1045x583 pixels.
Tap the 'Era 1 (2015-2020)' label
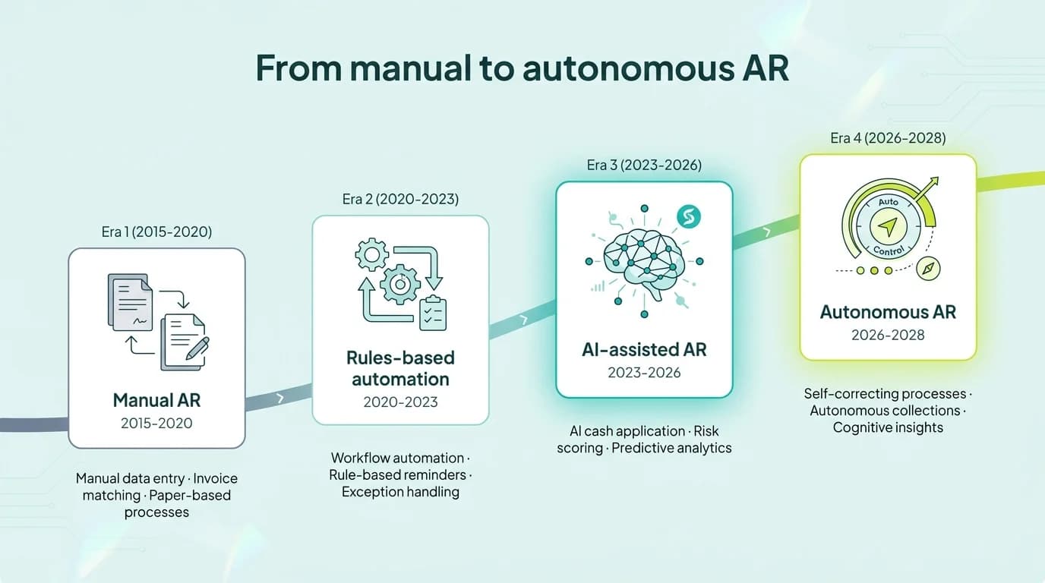point(156,232)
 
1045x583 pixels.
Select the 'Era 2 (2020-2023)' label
point(400,200)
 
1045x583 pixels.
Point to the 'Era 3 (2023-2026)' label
point(644,165)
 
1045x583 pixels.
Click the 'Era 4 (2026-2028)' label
point(888,138)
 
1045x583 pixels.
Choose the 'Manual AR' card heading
point(156,400)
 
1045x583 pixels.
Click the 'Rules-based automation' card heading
point(400,368)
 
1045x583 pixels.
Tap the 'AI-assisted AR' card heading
point(644,349)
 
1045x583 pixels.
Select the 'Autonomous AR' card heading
point(888,312)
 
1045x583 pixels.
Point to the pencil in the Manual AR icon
point(197,348)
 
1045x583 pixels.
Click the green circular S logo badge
point(689,217)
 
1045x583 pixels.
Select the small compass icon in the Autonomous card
point(930,268)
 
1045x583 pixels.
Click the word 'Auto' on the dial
point(888,203)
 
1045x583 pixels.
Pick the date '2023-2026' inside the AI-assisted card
point(644,373)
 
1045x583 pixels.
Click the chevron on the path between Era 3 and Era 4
point(766,232)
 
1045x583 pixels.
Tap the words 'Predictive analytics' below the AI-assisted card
point(671,448)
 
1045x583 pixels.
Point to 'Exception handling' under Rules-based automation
point(400,492)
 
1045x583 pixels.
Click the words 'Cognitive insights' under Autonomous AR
point(888,427)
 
